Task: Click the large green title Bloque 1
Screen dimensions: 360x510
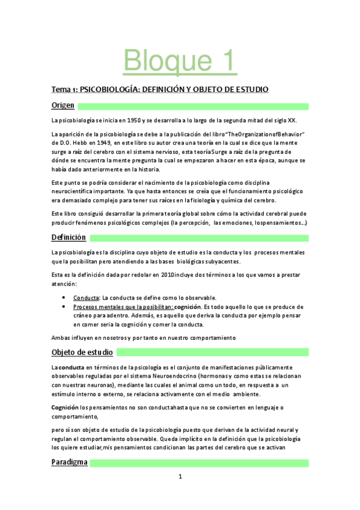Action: pos(180,60)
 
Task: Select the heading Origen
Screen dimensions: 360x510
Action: pos(63,106)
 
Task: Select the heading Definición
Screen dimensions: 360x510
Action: pos(69,238)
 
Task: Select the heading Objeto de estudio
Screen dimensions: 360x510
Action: pos(82,352)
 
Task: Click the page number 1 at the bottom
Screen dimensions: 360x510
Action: pos(180,476)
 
